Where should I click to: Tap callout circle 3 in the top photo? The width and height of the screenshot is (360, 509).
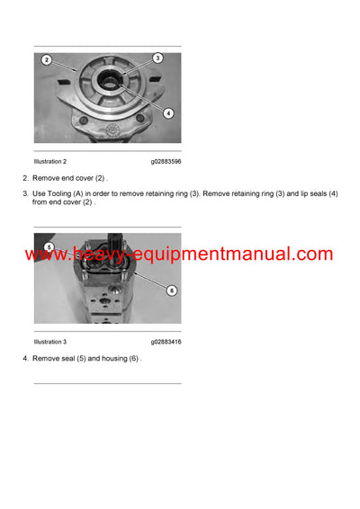coord(157,58)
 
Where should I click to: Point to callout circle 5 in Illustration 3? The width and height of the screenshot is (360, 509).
coord(49,246)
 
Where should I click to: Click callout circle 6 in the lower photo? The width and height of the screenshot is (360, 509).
coord(171,290)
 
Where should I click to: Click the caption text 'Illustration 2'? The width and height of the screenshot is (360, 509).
coord(50,161)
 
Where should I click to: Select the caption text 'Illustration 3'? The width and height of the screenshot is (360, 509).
coord(50,342)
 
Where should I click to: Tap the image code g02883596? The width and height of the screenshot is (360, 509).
coord(166,161)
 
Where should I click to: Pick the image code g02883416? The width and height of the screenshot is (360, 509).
coord(166,342)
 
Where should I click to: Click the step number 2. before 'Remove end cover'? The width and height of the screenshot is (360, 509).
coord(25,178)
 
